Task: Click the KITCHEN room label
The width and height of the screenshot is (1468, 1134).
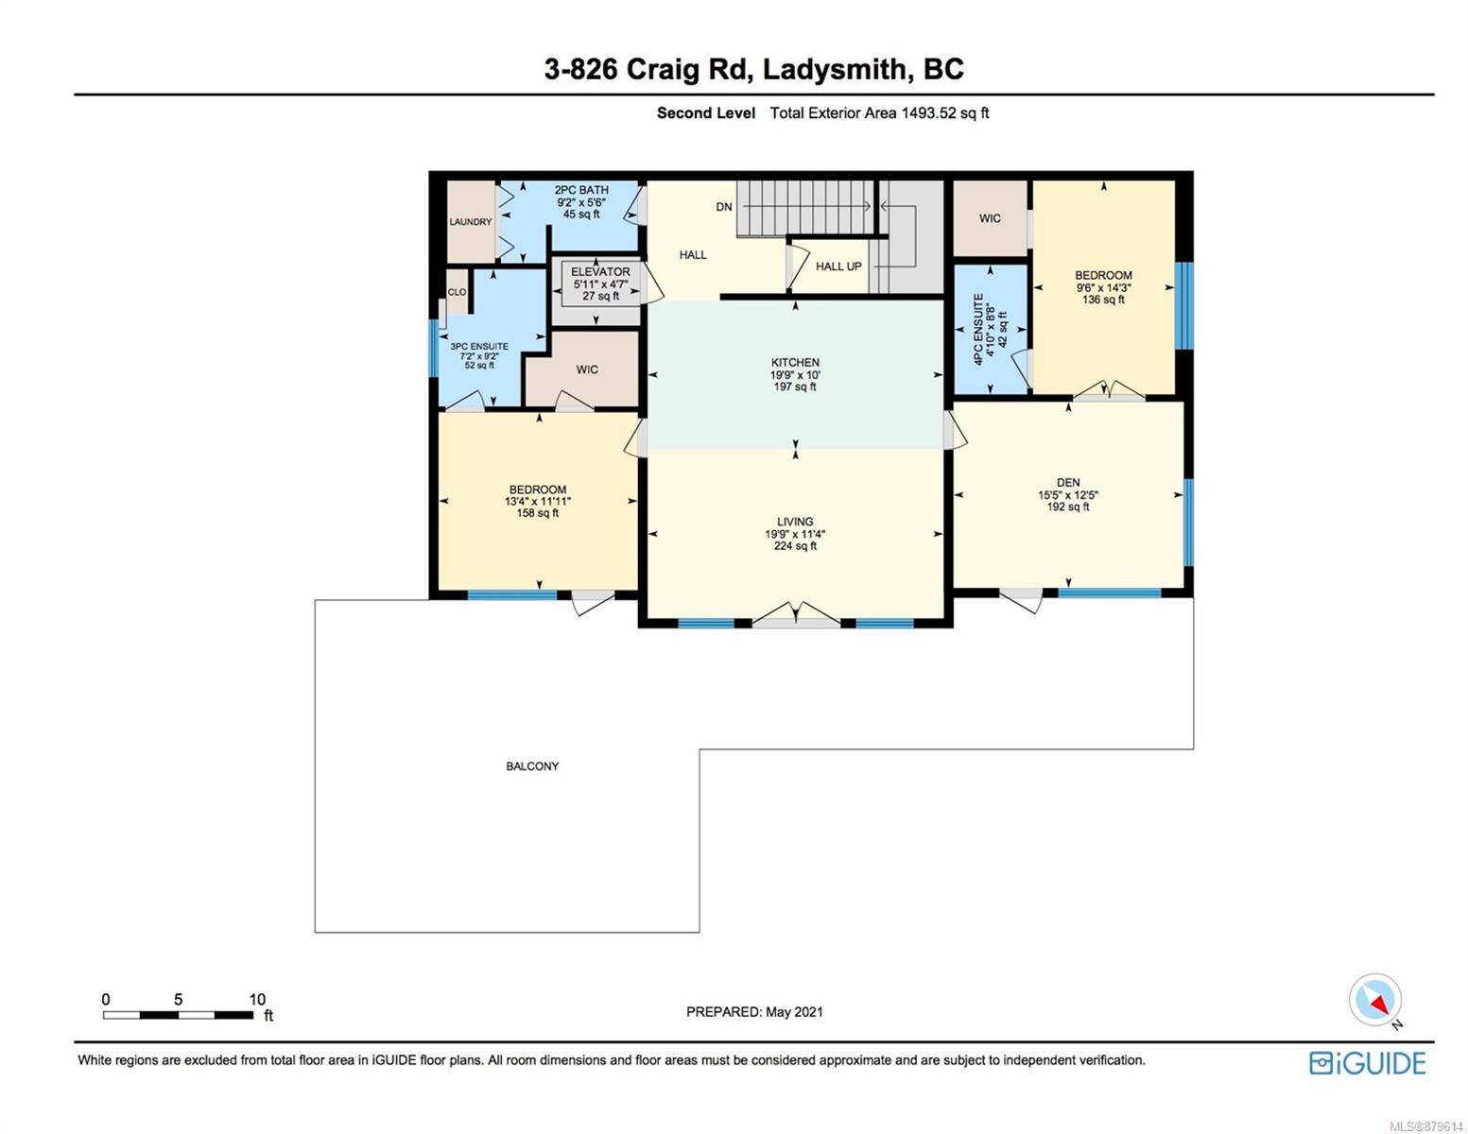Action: [x=794, y=363]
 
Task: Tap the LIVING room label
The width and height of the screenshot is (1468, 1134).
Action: [x=794, y=522]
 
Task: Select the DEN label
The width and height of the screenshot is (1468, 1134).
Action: [x=1067, y=482]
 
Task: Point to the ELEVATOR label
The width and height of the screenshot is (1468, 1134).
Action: [x=600, y=271]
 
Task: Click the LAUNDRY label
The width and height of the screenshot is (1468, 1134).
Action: [x=470, y=221]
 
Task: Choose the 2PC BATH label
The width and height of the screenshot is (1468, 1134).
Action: [x=581, y=190]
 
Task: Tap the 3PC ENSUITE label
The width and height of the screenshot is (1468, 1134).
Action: [x=479, y=347]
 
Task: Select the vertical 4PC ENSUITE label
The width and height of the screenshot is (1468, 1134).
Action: [x=977, y=330]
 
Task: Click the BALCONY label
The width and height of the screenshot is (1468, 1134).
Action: [x=532, y=765]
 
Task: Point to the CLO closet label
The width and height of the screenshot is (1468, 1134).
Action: [x=457, y=292]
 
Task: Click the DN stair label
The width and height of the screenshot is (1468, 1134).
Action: [x=723, y=207]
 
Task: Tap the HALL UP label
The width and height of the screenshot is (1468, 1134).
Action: [x=838, y=266]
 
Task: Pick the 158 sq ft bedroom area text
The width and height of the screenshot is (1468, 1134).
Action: [x=537, y=513]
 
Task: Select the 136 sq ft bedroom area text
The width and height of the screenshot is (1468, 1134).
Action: [x=1102, y=300]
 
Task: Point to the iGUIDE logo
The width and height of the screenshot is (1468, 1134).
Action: [x=1367, y=1063]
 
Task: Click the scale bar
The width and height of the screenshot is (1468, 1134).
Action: [x=179, y=1014]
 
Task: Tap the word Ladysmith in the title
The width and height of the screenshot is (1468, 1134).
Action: [x=835, y=70]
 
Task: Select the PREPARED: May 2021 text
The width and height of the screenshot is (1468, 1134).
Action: [x=754, y=1012]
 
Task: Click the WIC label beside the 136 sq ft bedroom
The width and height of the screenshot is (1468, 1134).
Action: [x=990, y=218]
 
